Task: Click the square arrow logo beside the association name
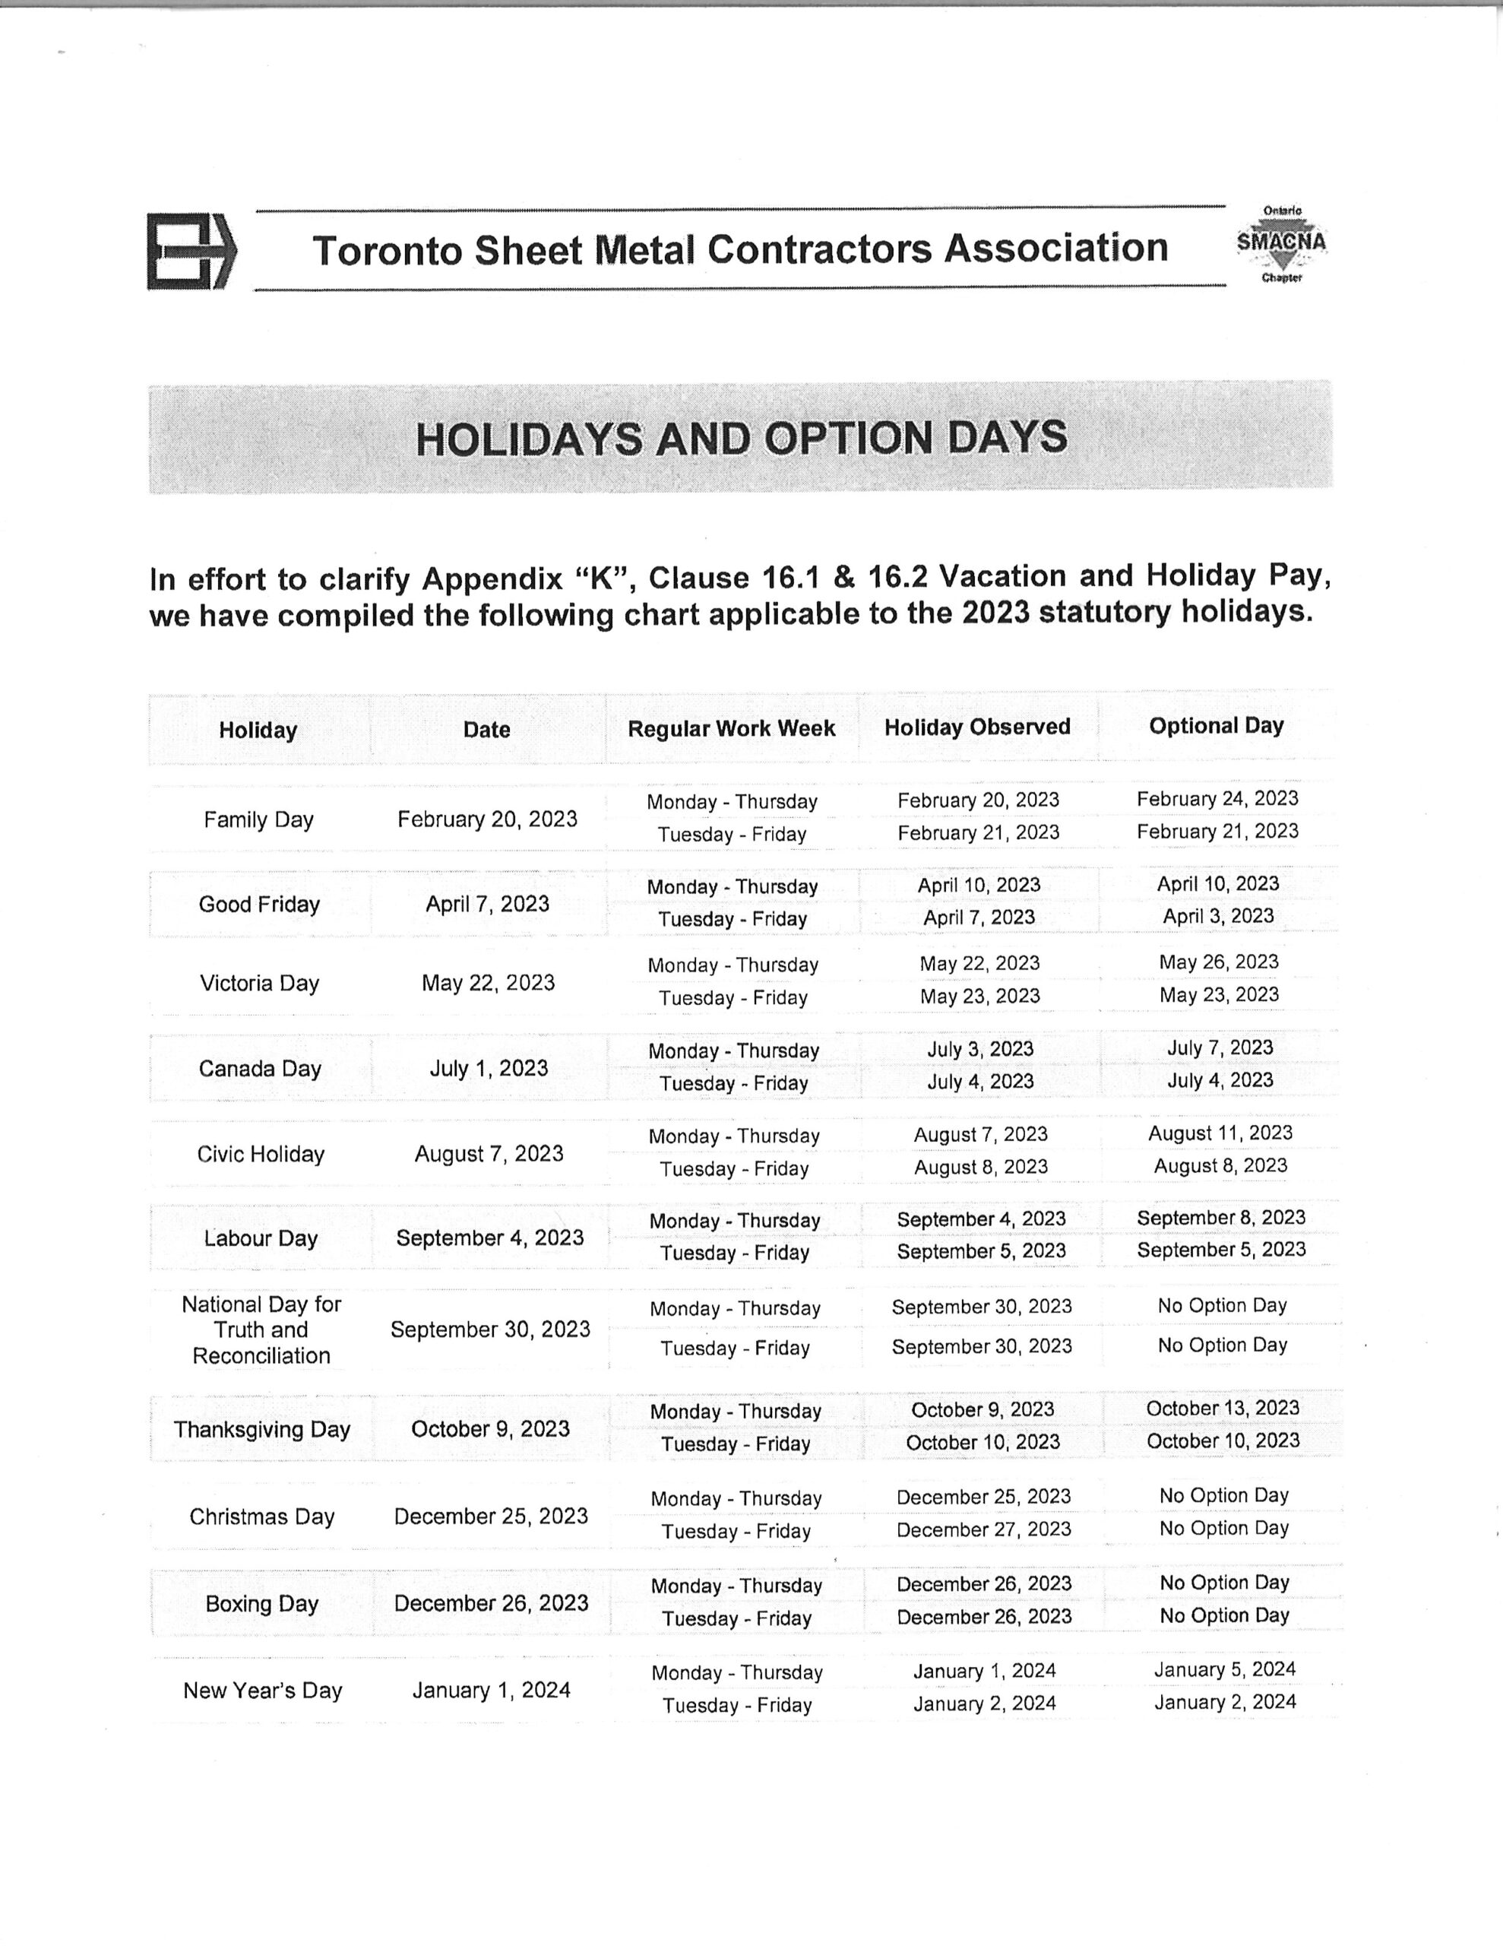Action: [191, 252]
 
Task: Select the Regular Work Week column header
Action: [732, 729]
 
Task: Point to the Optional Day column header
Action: [1216, 726]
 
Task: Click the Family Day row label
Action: [258, 819]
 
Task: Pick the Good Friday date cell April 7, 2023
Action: [487, 905]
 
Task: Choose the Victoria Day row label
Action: [259, 984]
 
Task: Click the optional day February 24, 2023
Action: [1217, 798]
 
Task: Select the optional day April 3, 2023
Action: [1218, 916]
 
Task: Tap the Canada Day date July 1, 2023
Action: [489, 1068]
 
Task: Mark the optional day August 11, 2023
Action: [1220, 1133]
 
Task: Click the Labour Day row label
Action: [260, 1238]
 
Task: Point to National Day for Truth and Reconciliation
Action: [261, 1330]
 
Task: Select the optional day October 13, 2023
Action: [1223, 1408]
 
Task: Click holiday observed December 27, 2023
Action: [983, 1530]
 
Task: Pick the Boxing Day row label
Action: [262, 1604]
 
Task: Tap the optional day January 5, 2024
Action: [1225, 1670]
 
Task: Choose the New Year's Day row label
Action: [263, 1691]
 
